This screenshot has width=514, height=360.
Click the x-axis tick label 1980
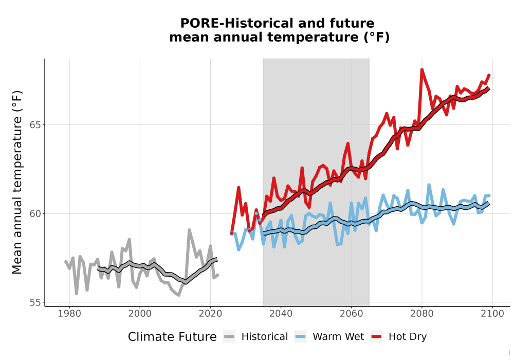click(69, 313)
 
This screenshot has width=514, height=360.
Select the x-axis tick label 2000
click(140, 313)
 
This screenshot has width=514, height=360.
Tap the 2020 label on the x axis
click(210, 313)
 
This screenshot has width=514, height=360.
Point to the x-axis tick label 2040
click(281, 313)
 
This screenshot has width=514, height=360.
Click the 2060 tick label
click(352, 313)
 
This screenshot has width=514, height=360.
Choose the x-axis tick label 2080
click(422, 313)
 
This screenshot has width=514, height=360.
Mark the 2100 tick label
click(492, 313)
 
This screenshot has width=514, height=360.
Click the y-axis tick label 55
click(35, 302)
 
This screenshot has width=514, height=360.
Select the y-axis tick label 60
click(35, 213)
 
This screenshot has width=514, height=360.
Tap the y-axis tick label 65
click(35, 125)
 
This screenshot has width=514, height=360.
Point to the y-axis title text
click(17, 182)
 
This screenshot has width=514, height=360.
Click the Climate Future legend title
click(172, 337)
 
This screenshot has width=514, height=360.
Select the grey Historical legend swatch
click(229, 337)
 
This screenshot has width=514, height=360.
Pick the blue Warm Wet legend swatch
click(300, 337)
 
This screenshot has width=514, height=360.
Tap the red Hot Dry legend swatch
click(377, 337)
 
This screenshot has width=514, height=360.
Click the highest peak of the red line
click(422, 69)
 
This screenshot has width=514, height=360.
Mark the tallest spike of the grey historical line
click(189, 230)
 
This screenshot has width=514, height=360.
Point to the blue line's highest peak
click(429, 185)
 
